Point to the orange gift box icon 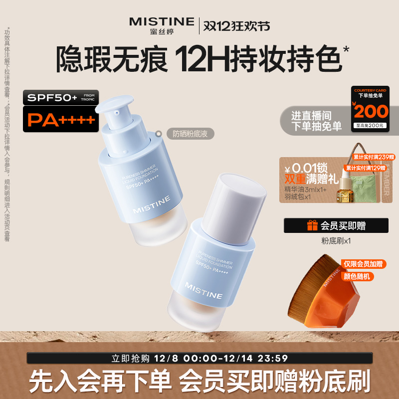[312, 225]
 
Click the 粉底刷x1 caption [336, 240]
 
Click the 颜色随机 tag [358, 276]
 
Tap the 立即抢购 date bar [199, 358]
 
